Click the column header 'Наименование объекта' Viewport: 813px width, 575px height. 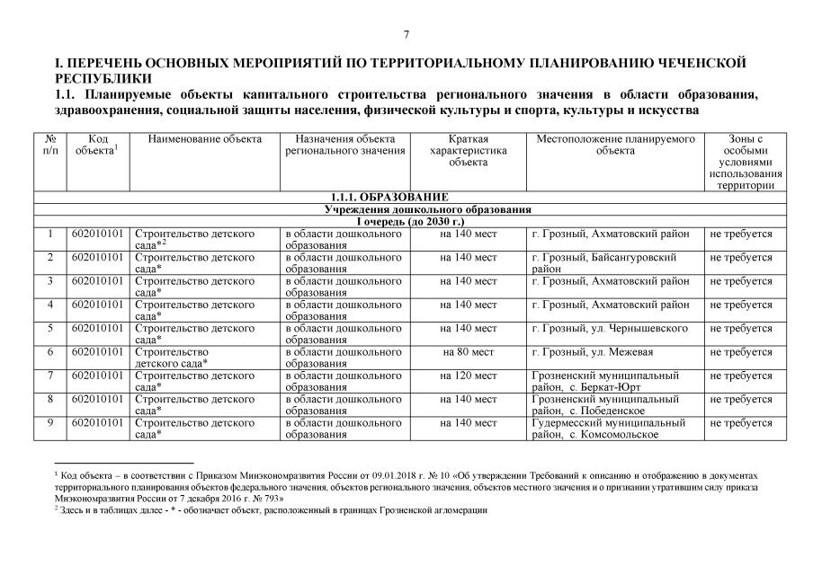205,139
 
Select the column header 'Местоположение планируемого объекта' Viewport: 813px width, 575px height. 616,146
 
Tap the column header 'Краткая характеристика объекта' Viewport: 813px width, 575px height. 468,151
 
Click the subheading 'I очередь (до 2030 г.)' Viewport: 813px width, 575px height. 409,221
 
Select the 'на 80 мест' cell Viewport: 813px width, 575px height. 468,352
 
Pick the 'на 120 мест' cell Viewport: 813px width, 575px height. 468,376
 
